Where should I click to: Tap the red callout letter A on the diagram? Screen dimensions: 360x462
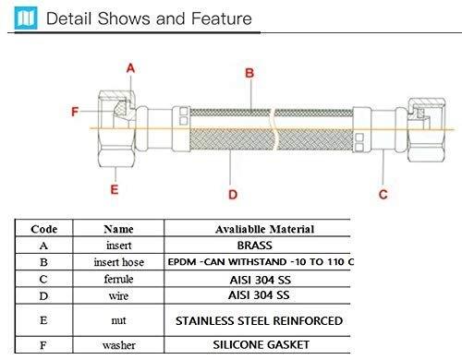pos(130,67)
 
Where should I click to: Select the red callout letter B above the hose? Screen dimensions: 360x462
pos(248,73)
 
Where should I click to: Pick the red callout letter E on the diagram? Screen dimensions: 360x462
pos(115,190)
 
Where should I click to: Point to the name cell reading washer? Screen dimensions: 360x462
pos(118,344)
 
